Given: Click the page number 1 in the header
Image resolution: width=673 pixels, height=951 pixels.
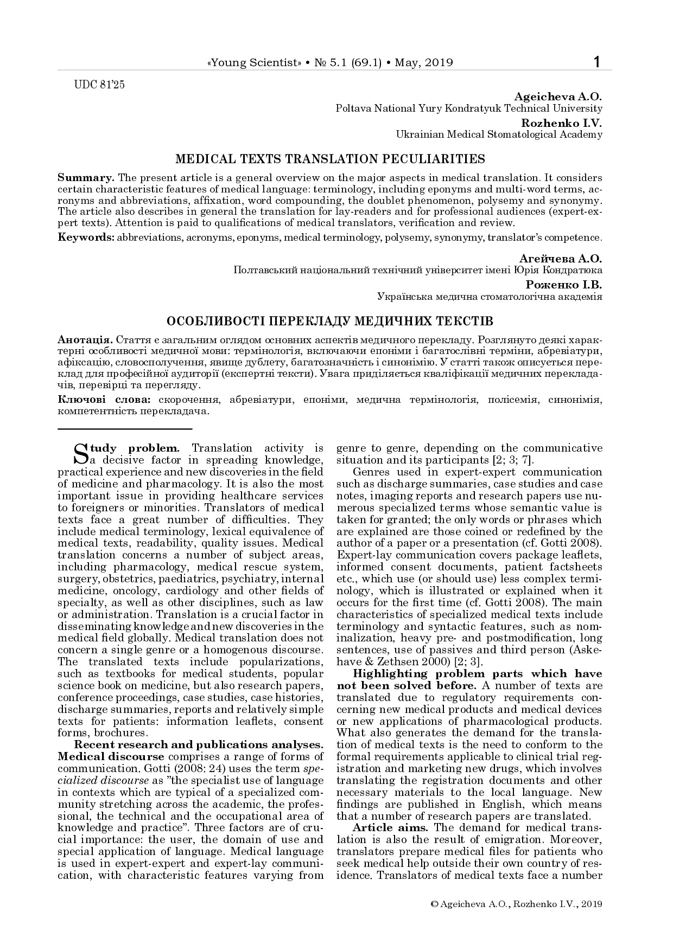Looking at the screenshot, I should [597, 62].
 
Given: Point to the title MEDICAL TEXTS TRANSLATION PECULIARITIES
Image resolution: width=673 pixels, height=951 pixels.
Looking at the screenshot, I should [329, 159].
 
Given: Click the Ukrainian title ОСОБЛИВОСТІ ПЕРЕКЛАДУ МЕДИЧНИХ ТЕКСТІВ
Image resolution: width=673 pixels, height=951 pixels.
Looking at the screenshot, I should [329, 321].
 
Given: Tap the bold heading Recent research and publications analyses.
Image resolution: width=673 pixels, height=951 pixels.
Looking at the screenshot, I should [199, 744].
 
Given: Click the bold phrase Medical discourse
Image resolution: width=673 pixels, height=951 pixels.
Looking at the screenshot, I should [111, 756].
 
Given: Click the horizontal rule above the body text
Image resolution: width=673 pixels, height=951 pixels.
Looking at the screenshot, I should [125, 429].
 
